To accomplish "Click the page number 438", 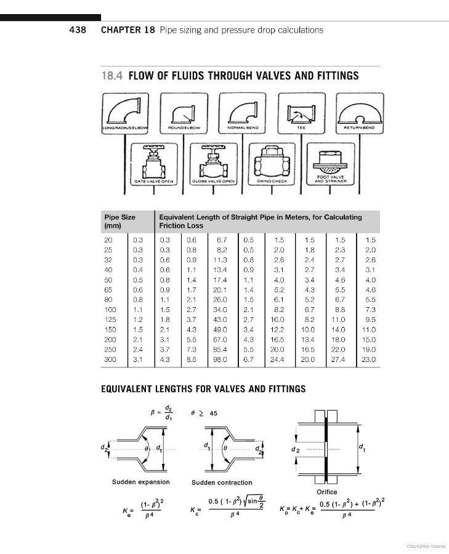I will tap(81, 30).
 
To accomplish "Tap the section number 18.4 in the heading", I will tap(112, 76).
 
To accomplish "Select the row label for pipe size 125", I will tap(110, 321).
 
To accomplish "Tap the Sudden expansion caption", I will tap(141, 481).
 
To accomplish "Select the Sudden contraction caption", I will tap(222, 483).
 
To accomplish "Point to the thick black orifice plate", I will tap(326, 448).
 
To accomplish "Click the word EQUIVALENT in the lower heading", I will tap(128, 389).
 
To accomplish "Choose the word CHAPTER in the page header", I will tap(120, 30).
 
